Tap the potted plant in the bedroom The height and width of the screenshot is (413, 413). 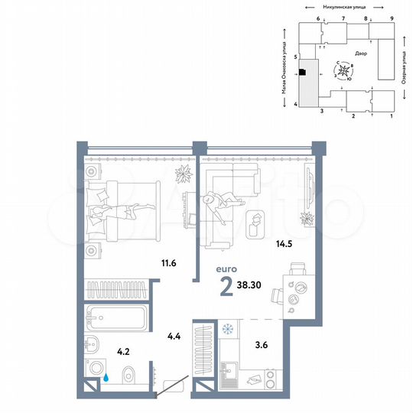(x=184, y=174)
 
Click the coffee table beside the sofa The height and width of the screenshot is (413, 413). (x=257, y=221)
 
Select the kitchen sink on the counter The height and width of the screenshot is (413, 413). (x=228, y=376)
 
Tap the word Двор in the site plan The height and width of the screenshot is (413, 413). (x=362, y=54)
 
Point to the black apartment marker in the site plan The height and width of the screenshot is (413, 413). (x=303, y=73)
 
